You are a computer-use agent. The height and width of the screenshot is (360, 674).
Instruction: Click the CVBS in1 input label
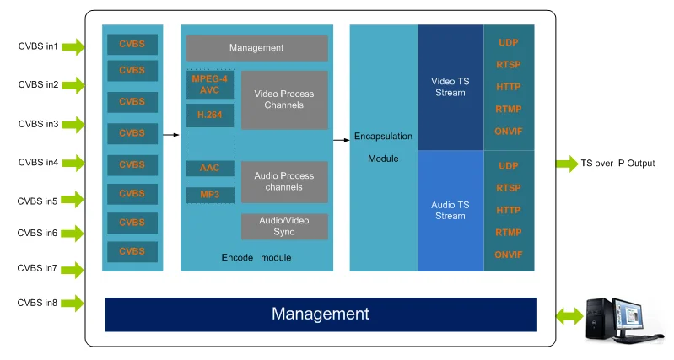[38, 46]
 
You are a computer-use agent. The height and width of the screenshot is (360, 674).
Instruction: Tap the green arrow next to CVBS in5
[73, 199]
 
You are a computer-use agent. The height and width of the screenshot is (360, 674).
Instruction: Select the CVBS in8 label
[37, 303]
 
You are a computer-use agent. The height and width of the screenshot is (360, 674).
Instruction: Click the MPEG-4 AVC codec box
[210, 84]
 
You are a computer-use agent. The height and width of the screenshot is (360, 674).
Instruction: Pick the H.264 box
[210, 116]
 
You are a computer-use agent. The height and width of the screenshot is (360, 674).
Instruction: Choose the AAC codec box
[210, 168]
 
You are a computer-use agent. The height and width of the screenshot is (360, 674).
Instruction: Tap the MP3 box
[210, 195]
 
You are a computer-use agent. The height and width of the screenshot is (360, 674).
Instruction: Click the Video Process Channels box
[284, 99]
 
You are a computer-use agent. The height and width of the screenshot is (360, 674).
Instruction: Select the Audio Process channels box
[284, 182]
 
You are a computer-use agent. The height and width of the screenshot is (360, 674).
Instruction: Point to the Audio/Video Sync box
[284, 227]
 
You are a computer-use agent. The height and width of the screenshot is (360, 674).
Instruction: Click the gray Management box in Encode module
[256, 48]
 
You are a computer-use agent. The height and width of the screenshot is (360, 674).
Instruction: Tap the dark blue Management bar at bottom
[321, 314]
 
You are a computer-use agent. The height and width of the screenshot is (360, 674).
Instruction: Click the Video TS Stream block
[450, 87]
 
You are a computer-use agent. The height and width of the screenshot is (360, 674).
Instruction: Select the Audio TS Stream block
[450, 211]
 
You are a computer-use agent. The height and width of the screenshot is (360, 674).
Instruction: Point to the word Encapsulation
[383, 137]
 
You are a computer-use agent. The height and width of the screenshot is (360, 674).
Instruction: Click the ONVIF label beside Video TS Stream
[509, 132]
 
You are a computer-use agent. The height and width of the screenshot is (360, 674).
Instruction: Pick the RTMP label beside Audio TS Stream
[509, 233]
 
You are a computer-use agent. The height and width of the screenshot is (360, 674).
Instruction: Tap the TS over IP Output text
[617, 164]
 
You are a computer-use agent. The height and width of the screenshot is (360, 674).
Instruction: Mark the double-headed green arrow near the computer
[569, 317]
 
